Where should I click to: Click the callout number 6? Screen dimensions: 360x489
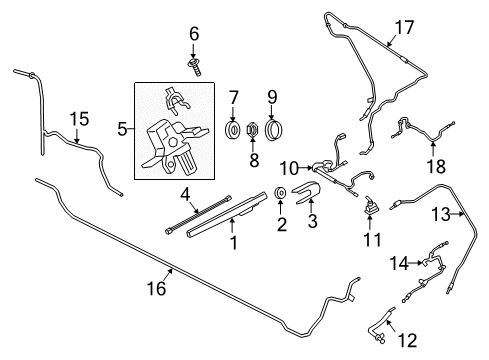(x=194, y=33)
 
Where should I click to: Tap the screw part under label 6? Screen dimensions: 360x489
(x=194, y=64)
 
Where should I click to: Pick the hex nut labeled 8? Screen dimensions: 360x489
(x=254, y=130)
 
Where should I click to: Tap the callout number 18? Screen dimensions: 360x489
(x=408, y=163)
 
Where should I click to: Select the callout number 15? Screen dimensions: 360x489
(x=79, y=119)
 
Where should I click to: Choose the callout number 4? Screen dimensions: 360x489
(x=185, y=194)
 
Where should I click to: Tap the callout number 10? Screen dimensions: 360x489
(x=289, y=166)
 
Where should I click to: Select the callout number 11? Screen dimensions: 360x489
(x=371, y=240)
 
